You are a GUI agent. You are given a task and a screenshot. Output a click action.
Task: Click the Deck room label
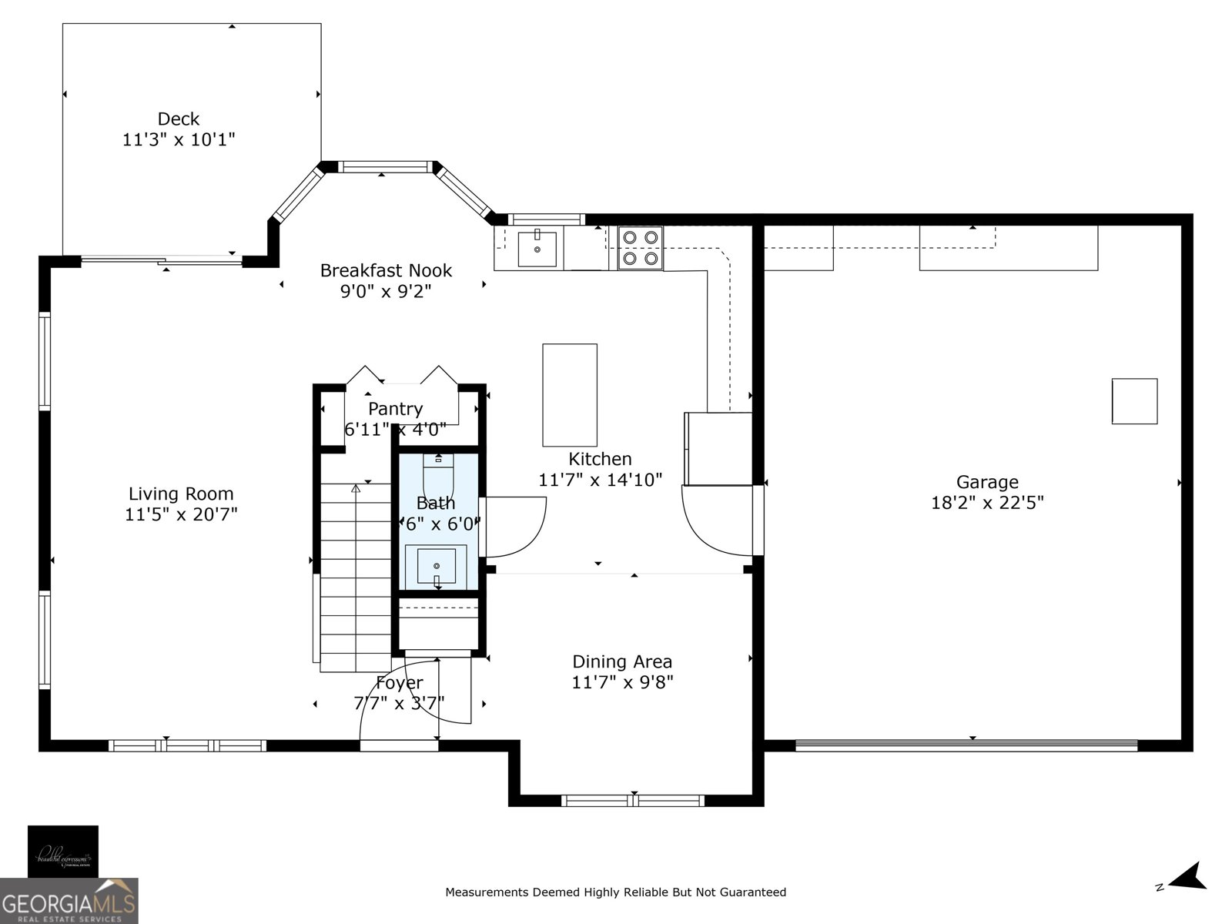pyautogui.click(x=178, y=119)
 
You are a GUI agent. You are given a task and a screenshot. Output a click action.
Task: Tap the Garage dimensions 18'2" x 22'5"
pyautogui.click(x=987, y=503)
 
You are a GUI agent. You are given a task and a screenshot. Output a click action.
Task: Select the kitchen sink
pyautogui.click(x=537, y=248)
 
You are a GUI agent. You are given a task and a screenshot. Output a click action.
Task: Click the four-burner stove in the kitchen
pyautogui.click(x=640, y=248)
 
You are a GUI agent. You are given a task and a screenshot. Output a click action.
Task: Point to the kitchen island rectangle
pyautogui.click(x=570, y=395)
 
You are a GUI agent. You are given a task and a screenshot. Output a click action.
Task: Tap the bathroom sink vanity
pyautogui.click(x=437, y=566)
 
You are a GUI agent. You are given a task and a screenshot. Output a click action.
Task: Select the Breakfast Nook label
pyautogui.click(x=386, y=270)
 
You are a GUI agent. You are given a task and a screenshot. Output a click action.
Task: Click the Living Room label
pyautogui.click(x=181, y=494)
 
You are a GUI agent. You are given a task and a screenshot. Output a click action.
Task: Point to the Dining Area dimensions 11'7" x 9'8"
pyautogui.click(x=622, y=682)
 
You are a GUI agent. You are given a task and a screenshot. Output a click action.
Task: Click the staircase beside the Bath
pyautogui.click(x=356, y=577)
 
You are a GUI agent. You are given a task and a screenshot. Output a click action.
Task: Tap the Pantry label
pyautogui.click(x=395, y=409)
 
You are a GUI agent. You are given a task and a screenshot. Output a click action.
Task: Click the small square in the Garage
pyautogui.click(x=1134, y=401)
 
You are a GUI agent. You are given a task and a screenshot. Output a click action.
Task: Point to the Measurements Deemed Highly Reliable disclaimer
pyautogui.click(x=615, y=892)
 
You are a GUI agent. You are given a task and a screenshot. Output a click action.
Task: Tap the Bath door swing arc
pyautogui.click(x=514, y=527)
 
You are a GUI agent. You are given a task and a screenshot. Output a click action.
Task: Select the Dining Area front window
pyautogui.click(x=633, y=801)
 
